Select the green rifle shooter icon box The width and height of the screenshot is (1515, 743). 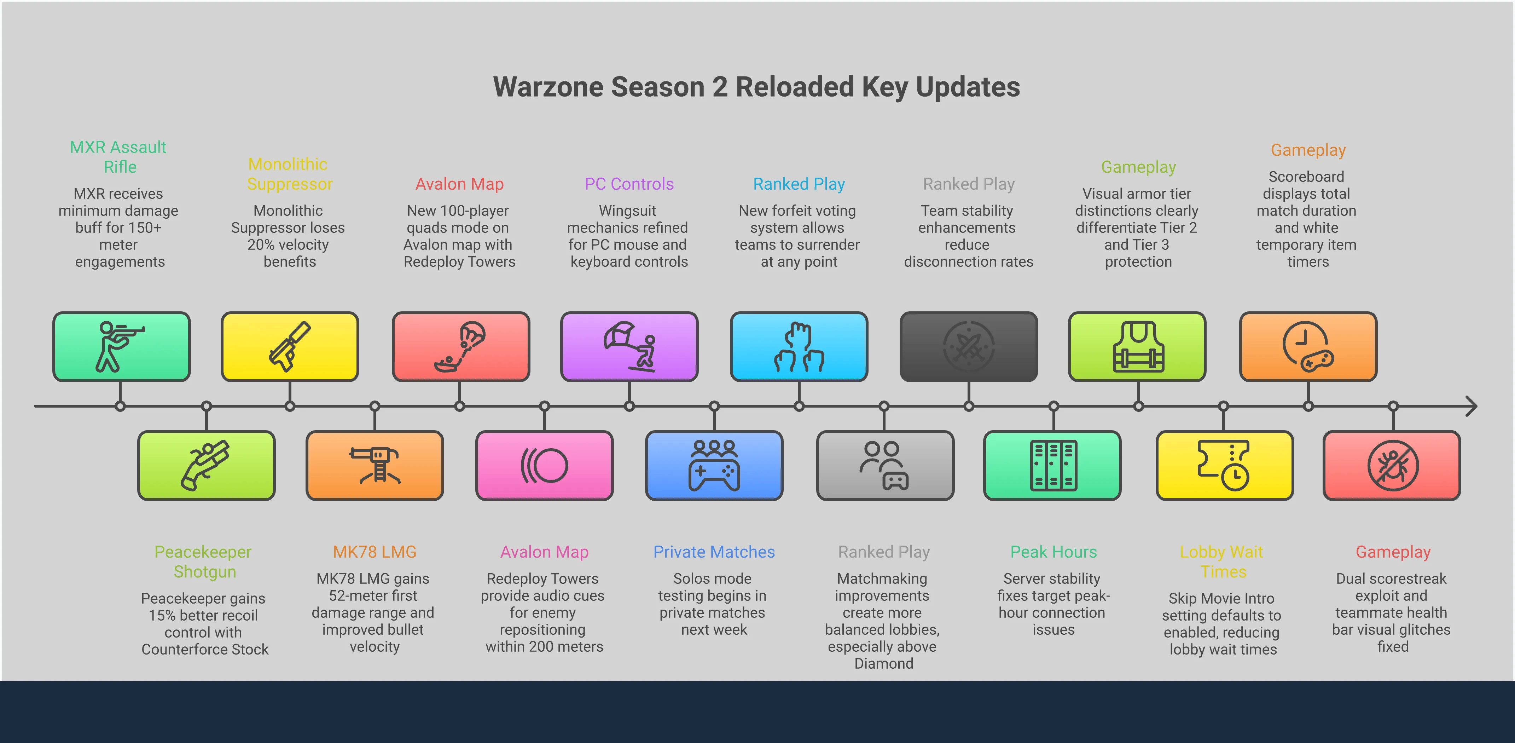(x=121, y=346)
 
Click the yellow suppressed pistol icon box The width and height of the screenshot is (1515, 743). (x=290, y=346)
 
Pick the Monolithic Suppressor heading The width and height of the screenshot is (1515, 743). (x=289, y=174)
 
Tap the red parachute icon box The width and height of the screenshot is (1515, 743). (x=460, y=346)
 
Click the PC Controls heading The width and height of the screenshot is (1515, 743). (x=629, y=184)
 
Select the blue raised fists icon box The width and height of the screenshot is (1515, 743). (x=799, y=346)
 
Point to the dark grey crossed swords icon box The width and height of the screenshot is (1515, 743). (x=969, y=346)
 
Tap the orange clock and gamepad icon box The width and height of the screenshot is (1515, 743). (x=1308, y=346)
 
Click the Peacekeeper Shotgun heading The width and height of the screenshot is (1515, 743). (x=203, y=562)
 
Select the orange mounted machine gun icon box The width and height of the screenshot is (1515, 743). (x=375, y=465)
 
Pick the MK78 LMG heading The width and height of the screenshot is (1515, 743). (x=375, y=552)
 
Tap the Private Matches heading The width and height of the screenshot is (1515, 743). (x=714, y=552)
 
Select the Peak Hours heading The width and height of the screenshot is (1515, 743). (x=1053, y=552)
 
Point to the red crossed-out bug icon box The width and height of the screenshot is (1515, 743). (x=1392, y=465)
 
